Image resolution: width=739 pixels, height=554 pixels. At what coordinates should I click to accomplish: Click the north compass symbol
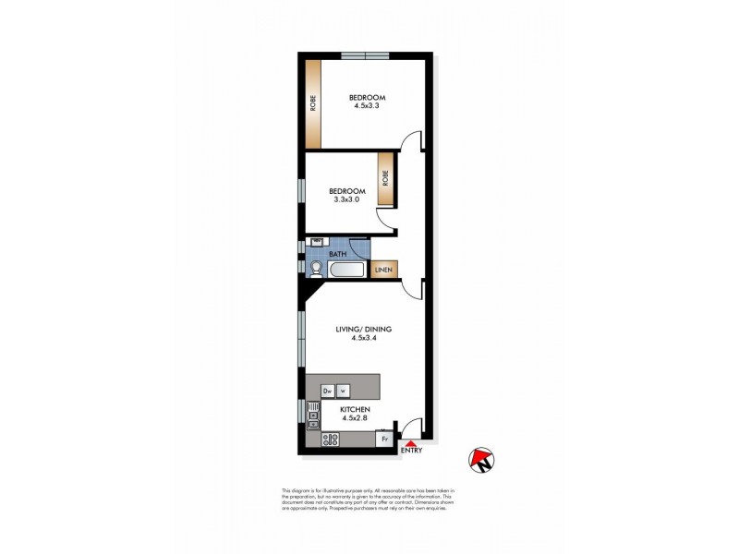click(x=480, y=459)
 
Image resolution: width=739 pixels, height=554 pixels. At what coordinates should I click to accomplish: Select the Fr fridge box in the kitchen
click(x=382, y=440)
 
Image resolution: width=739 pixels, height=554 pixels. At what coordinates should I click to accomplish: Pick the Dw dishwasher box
click(x=327, y=391)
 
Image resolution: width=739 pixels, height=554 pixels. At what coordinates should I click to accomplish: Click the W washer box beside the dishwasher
click(x=343, y=391)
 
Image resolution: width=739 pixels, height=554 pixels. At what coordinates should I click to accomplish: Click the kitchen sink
click(x=313, y=416)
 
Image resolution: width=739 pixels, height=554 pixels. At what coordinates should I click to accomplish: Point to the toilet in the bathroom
click(x=316, y=269)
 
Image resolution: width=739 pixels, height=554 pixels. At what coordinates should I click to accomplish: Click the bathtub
click(x=348, y=270)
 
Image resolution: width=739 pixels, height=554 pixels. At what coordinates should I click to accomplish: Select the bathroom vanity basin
click(x=313, y=245)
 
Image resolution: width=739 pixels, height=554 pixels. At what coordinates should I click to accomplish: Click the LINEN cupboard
click(x=384, y=270)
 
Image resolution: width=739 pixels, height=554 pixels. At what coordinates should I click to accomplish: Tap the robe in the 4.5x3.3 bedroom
click(x=313, y=103)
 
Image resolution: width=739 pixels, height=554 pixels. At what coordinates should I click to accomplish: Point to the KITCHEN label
click(x=356, y=409)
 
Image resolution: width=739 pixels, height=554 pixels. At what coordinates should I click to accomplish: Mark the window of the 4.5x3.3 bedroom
click(x=366, y=57)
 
